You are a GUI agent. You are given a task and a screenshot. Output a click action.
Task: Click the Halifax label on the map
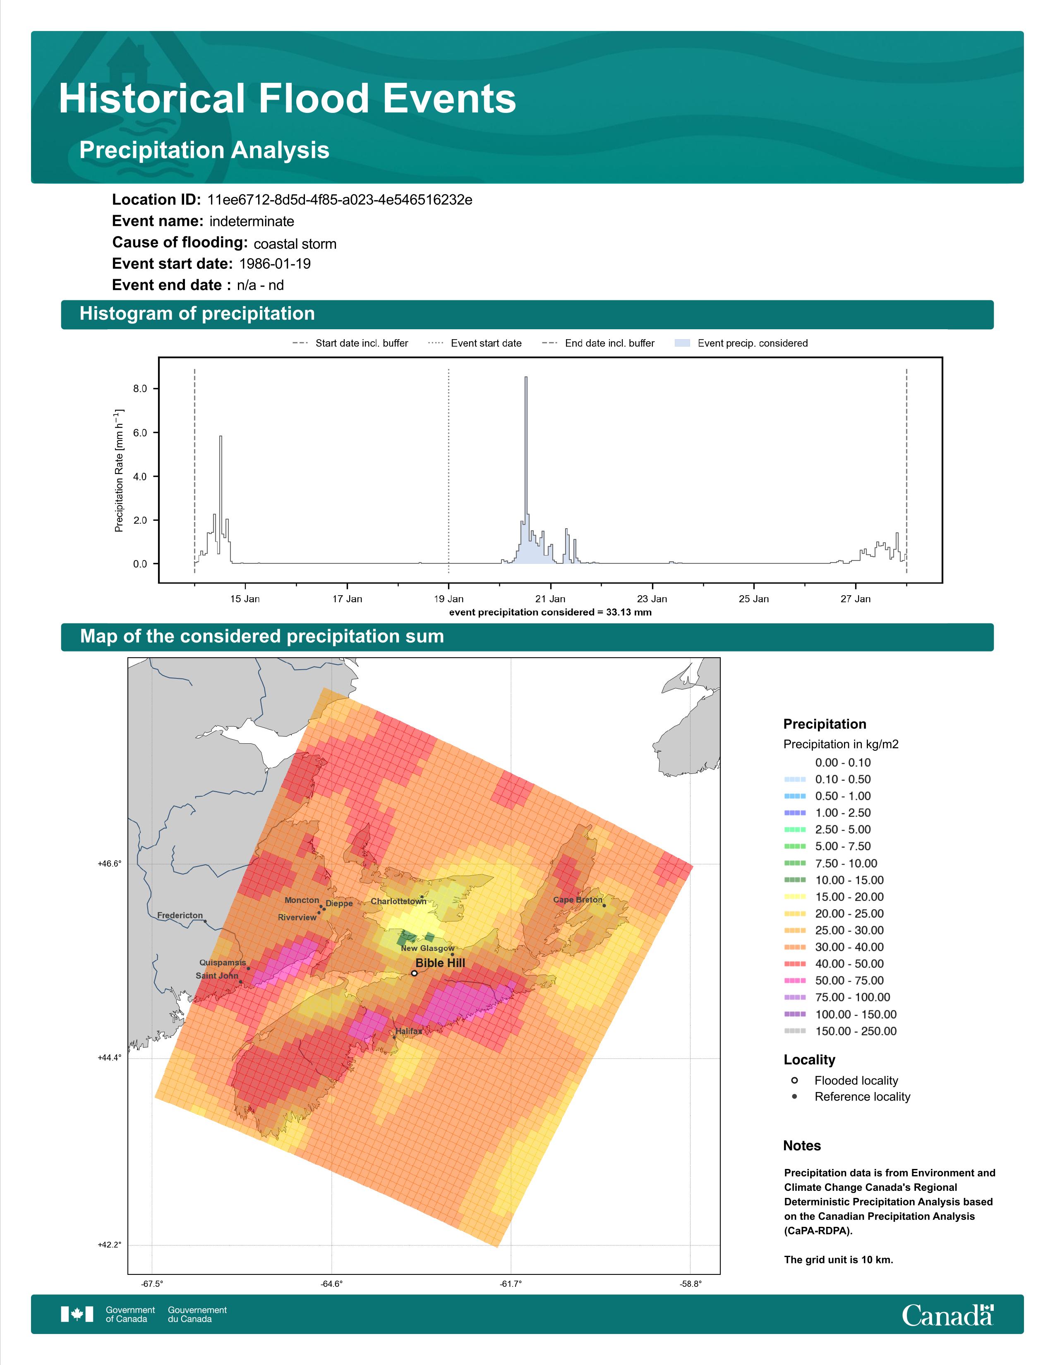[409, 1031]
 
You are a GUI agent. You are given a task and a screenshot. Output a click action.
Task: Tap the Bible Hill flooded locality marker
[415, 973]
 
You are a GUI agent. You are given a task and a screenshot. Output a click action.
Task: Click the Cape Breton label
[578, 900]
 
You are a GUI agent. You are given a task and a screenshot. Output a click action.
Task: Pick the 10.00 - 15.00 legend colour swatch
[794, 880]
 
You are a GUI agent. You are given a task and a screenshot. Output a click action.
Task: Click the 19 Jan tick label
[449, 599]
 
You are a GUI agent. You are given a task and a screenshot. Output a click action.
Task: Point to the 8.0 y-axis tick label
[140, 389]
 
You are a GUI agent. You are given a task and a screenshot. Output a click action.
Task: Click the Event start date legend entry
[475, 343]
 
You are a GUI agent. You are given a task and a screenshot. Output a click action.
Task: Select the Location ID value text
[339, 200]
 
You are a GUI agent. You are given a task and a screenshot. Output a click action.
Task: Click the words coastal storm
[295, 244]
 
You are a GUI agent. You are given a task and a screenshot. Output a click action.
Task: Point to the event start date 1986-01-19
[275, 264]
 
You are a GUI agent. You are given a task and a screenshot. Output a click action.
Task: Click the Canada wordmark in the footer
[947, 1315]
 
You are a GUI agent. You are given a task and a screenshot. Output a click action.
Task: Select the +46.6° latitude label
[109, 864]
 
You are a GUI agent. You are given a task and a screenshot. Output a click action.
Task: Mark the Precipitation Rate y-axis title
[119, 471]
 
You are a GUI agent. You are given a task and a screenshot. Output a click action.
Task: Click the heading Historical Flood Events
[288, 99]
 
